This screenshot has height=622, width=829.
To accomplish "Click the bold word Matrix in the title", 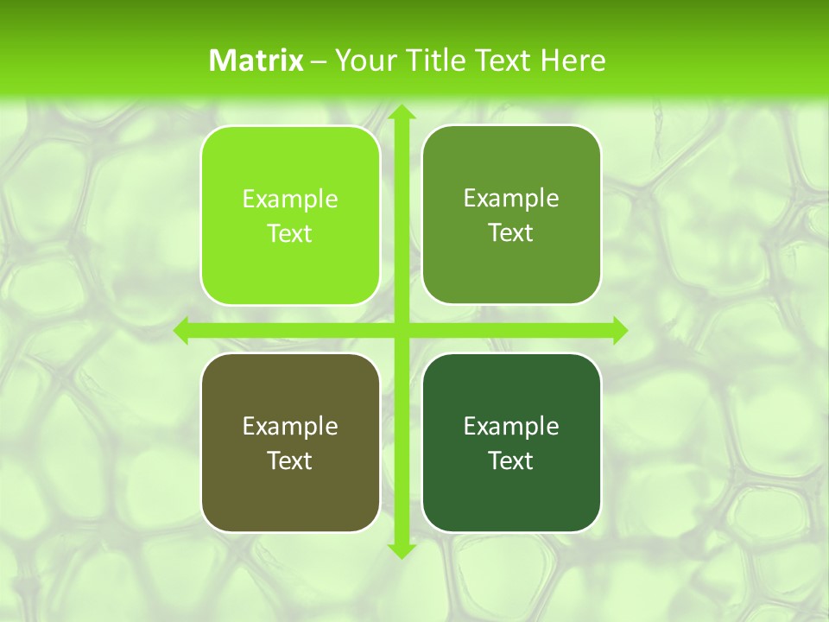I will coord(256,60).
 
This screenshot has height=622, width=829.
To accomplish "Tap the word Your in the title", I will coord(362,60).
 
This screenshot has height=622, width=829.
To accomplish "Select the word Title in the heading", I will coord(433,60).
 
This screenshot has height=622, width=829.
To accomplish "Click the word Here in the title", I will coord(573,60).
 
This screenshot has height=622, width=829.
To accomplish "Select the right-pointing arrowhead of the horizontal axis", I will coord(619,330).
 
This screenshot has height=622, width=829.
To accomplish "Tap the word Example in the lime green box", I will coord(290,200).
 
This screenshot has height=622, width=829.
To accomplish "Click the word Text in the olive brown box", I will coord(290,460).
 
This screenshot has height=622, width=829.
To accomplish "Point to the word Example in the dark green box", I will coord(511,426).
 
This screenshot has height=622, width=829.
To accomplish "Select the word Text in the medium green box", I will coord(511,233).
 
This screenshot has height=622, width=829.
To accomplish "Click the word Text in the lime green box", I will coord(290,234).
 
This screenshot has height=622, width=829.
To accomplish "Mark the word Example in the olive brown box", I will coord(290,426).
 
